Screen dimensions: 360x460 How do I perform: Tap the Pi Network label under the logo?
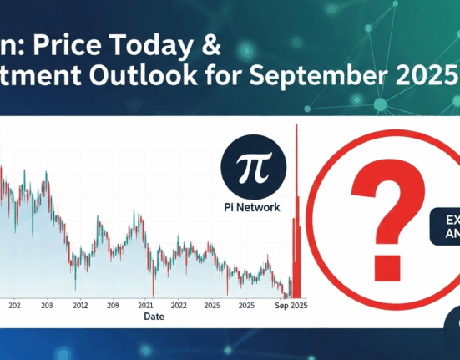click(251, 206)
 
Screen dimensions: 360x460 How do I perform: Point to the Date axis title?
click(154, 317)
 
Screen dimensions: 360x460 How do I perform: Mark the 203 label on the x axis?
click(47, 306)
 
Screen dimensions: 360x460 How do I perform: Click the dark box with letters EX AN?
click(447, 226)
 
